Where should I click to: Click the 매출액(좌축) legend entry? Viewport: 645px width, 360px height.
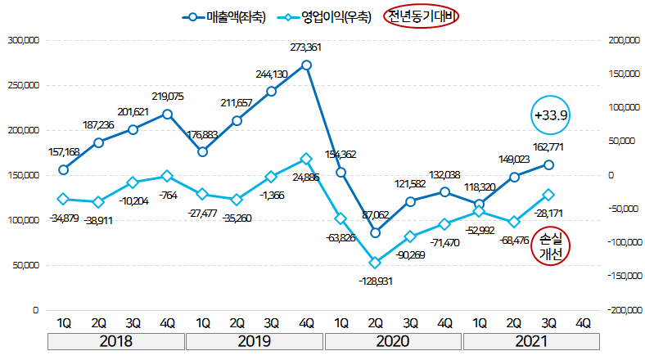[x=225, y=17]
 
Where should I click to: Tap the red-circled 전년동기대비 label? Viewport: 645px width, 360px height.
[x=424, y=17]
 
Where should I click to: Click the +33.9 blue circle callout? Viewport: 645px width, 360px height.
[x=551, y=115]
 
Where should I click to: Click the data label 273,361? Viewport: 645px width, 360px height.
[x=305, y=47]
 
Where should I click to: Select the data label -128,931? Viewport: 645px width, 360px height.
[x=375, y=280]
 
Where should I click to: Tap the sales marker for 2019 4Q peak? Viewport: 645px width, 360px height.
[x=306, y=65]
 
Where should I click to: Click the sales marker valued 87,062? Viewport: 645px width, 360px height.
[x=376, y=232]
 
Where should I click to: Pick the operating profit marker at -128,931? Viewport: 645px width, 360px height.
[x=376, y=263]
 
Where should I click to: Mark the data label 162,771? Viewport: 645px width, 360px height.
[x=549, y=147]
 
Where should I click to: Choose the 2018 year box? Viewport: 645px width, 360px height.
[x=116, y=341]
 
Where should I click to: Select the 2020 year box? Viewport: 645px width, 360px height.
[x=393, y=341]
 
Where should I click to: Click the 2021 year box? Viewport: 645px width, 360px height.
[x=532, y=341]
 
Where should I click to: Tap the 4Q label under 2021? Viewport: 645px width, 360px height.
[x=584, y=322]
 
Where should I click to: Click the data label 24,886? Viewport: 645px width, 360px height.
[x=305, y=177]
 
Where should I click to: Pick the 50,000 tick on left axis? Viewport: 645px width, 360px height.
[x=25, y=265]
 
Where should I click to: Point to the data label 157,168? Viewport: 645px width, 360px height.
[x=64, y=152]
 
